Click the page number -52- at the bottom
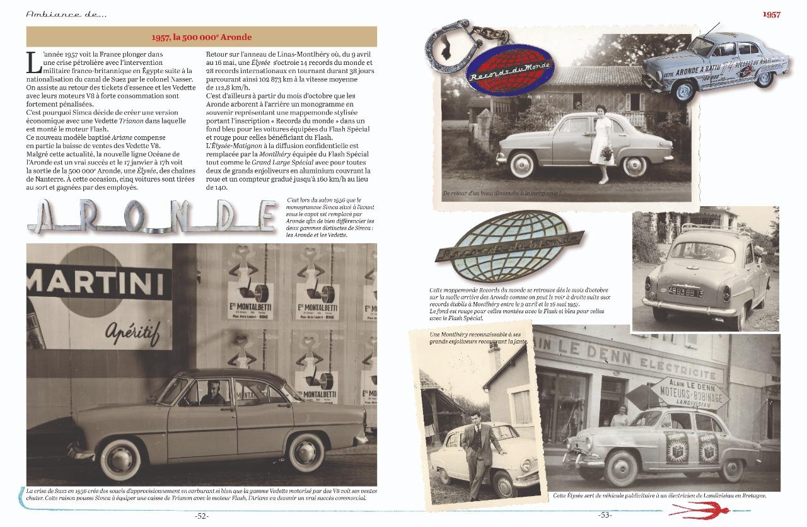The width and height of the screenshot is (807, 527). point(202,516)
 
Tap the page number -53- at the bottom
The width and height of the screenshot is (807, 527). point(605,515)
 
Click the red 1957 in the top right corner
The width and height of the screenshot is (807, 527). point(772,14)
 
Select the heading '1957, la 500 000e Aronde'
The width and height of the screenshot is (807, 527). point(202,37)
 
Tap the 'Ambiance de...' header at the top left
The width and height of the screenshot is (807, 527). point(62,13)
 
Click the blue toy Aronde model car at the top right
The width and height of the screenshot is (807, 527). point(716,62)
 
